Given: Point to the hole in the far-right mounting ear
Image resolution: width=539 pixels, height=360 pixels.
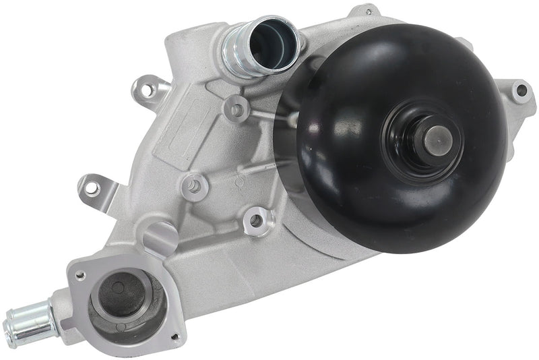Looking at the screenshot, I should [519, 89].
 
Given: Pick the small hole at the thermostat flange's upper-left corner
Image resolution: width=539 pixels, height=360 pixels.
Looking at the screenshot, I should [80, 276].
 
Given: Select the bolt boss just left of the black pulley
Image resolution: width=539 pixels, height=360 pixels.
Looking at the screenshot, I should [235, 107].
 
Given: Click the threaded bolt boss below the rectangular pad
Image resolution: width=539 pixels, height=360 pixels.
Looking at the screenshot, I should [195, 185].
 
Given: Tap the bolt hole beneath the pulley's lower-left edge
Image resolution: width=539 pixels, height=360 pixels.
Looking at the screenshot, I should [257, 219].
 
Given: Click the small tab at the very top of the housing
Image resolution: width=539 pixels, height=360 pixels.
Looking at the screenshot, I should [369, 11].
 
